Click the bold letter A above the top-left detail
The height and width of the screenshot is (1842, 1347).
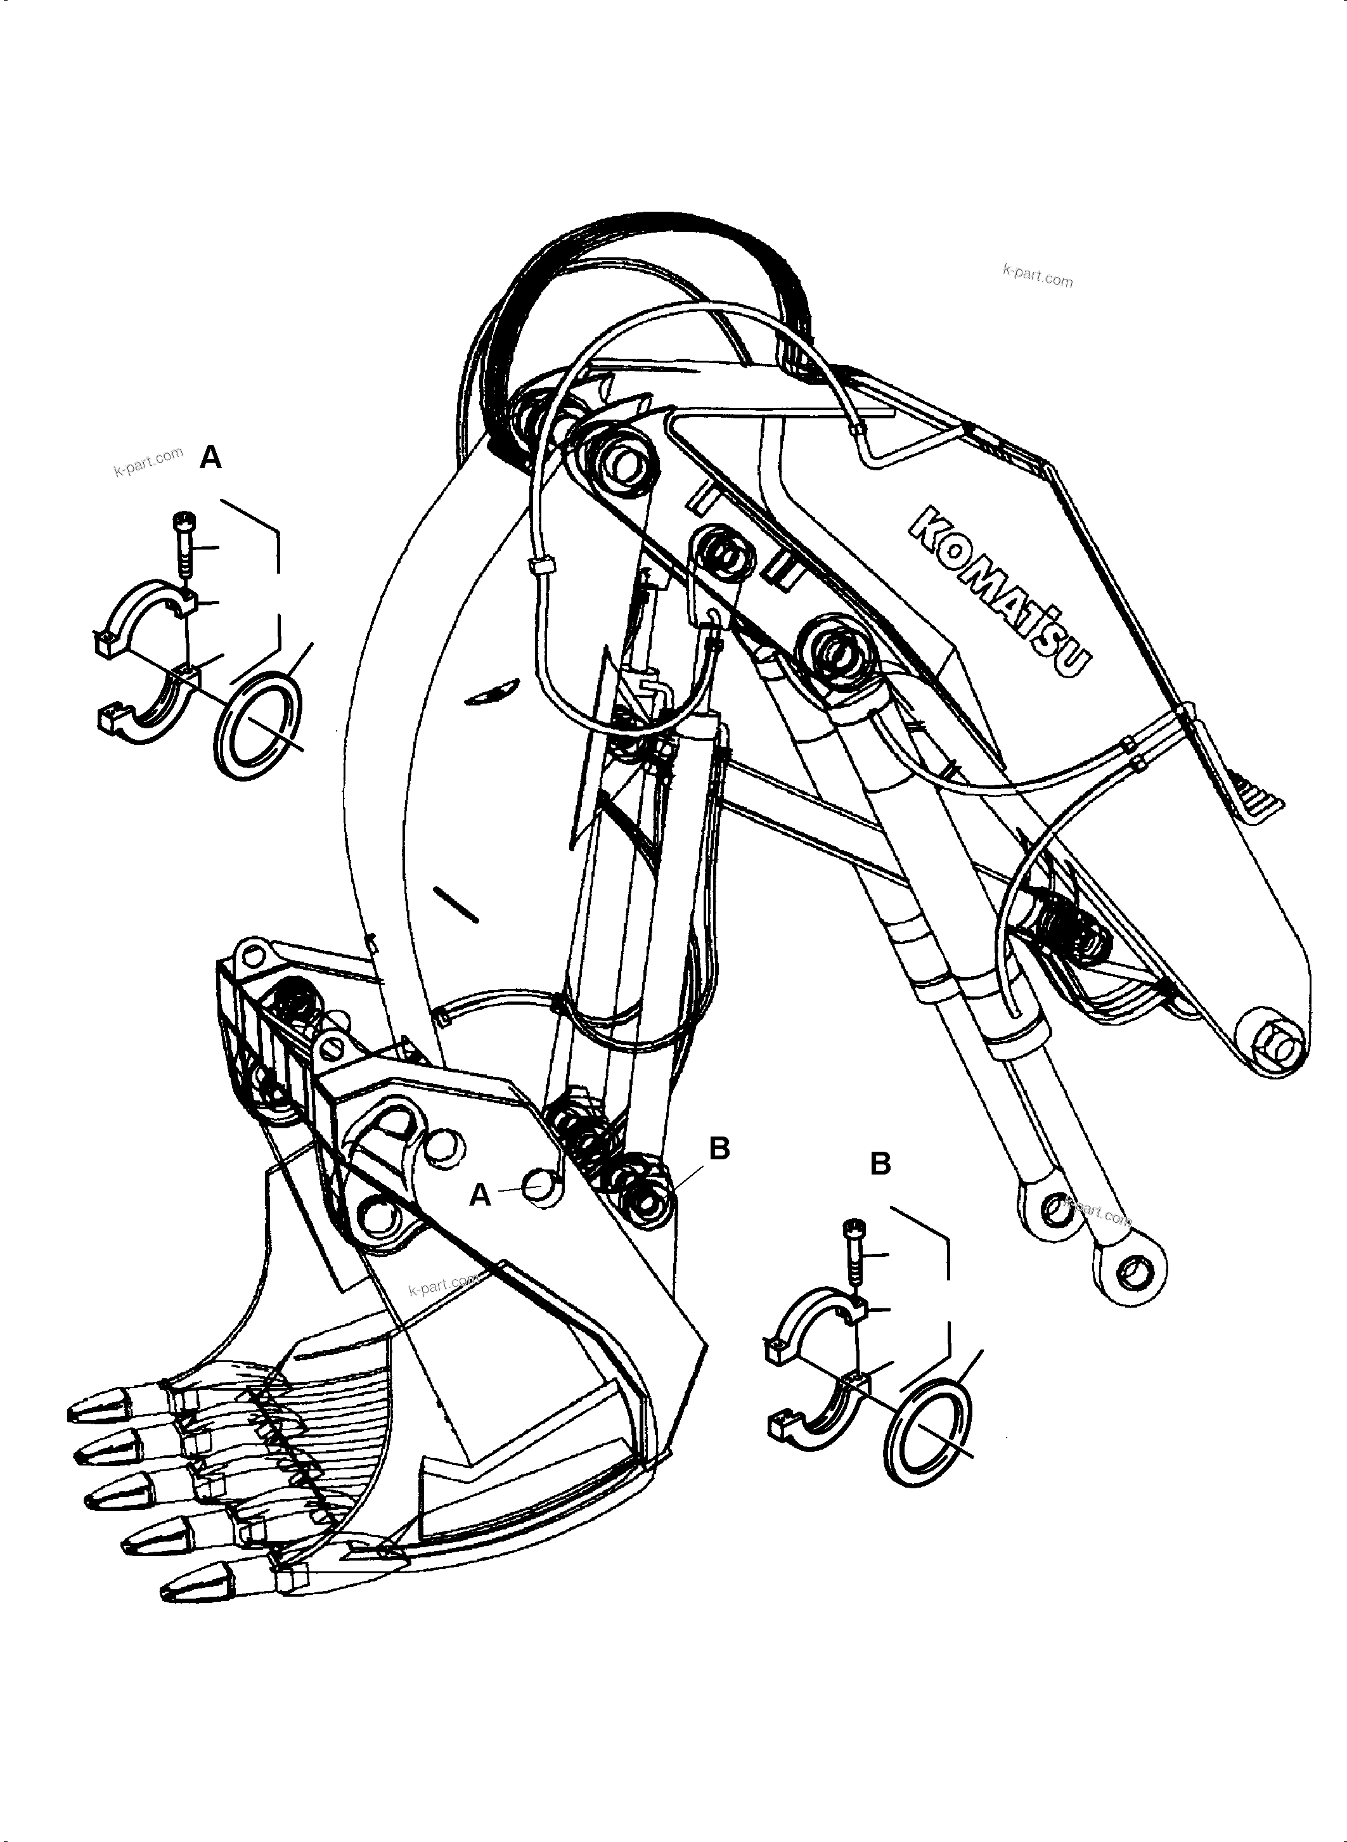(210, 458)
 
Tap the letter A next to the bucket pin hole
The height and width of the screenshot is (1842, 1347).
(480, 1196)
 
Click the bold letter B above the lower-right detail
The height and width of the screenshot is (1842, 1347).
(880, 1164)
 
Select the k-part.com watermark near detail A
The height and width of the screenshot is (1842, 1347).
(148, 461)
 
